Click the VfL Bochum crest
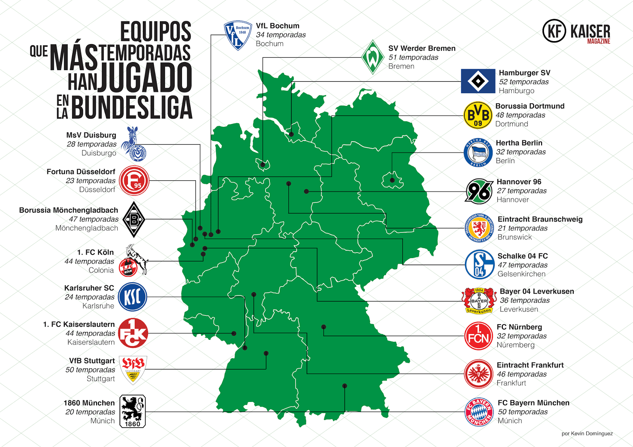pos(238,35)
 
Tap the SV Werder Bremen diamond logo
pos(373,57)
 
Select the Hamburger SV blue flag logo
pos(478,81)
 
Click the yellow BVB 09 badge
pos(478,115)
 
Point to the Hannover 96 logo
pos(479,191)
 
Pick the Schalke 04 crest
pos(479,264)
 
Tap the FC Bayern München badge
pos(479,412)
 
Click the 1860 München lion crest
pos(133,411)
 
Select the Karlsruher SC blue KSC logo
pos(133,297)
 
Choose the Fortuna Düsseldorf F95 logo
pos(134,181)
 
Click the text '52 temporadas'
pos(523,82)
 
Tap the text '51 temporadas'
pos(413,57)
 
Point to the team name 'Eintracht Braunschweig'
pos(540,219)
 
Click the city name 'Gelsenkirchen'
pos(521,274)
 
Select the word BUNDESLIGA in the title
pos(132,108)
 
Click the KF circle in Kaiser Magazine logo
pos(554,31)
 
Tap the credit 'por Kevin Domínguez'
pos(587,434)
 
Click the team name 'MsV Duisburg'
pos(91,135)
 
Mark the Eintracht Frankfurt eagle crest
pos(479,374)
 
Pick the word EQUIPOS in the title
pos(155,32)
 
